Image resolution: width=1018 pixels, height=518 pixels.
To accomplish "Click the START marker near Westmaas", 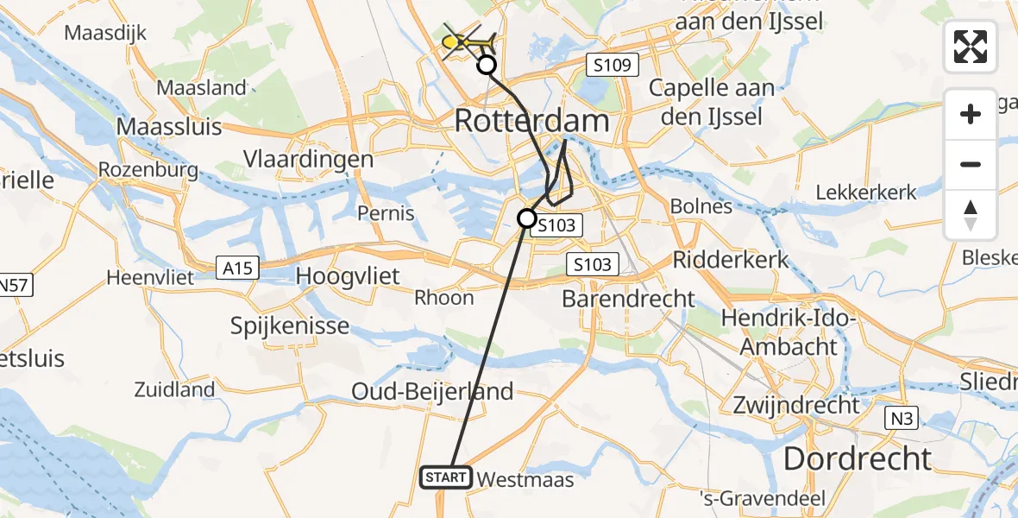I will click(446, 477).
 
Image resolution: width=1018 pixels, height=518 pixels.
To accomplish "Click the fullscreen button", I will click(971, 47).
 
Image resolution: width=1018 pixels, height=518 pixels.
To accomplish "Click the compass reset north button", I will click(971, 215).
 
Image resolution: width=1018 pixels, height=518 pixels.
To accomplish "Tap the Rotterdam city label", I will click(531, 121).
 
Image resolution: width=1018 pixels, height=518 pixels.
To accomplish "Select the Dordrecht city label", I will click(857, 458).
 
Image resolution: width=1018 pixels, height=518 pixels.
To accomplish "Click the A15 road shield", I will click(237, 269).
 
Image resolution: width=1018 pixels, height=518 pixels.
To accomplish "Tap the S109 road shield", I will click(611, 65).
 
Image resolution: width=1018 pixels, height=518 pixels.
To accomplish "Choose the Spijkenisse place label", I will click(290, 326).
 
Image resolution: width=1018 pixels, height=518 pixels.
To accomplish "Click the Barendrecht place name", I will click(628, 299).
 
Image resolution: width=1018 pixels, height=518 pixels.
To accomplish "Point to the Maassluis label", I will click(169, 126).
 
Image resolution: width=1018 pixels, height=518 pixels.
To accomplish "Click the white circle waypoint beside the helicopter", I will click(487, 65).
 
